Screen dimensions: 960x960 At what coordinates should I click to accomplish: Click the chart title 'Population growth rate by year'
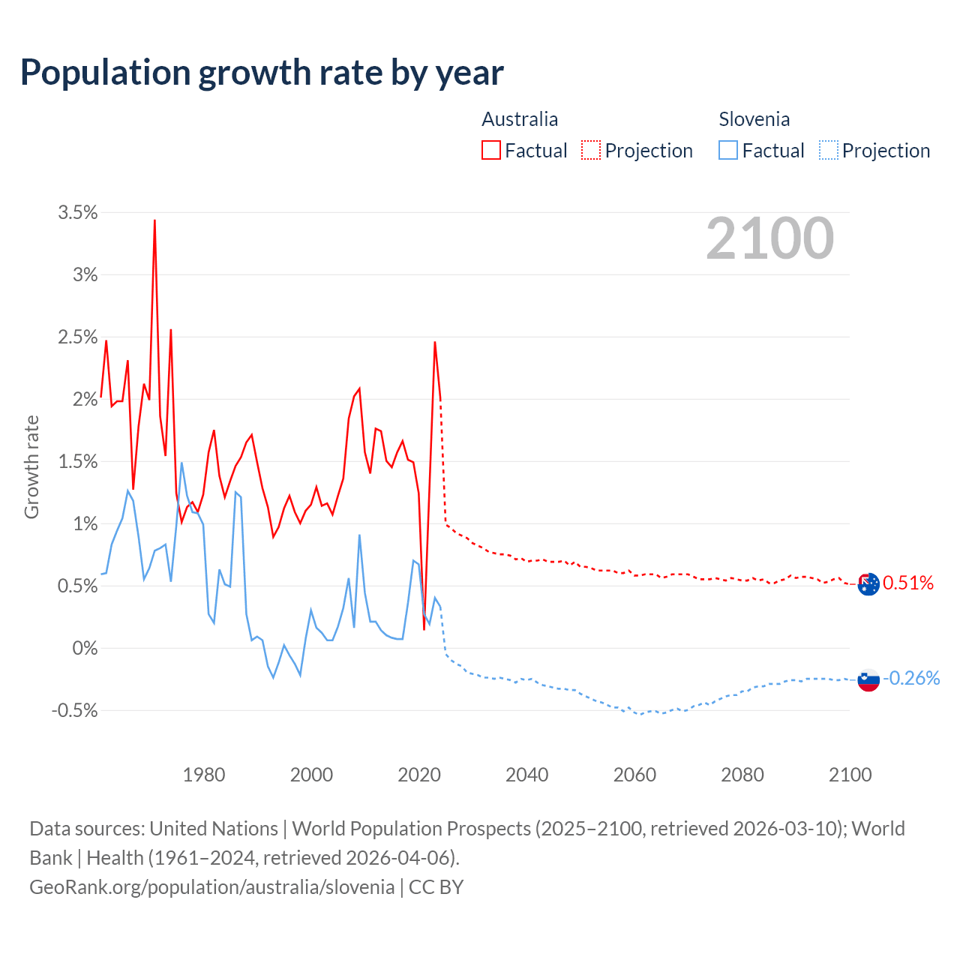pos(262,73)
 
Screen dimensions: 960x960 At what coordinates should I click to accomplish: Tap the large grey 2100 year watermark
pos(769,238)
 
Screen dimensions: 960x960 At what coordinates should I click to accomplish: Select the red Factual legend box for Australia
pos(490,150)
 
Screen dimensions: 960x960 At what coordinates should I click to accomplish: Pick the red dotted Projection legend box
pos(591,150)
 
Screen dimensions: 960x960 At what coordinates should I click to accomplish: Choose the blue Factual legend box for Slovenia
pos(727,150)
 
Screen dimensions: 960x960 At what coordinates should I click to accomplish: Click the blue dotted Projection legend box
pos(828,150)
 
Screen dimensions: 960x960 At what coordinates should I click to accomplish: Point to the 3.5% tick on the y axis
pos(78,213)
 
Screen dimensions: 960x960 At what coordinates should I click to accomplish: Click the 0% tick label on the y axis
pos(85,648)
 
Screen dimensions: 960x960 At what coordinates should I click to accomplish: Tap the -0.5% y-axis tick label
pos(74,710)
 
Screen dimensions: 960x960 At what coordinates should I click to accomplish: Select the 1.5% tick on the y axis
pos(78,462)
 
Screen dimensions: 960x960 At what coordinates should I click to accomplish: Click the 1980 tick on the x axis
pos(204,775)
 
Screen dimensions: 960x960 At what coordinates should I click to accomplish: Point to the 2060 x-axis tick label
pos(634,775)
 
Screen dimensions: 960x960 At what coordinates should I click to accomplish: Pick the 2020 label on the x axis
pos(419,775)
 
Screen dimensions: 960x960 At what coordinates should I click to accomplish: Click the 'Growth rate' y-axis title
pos(31,466)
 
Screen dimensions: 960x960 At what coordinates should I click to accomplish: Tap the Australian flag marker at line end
pos(868,583)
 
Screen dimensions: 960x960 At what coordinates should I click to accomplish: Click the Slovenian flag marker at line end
pos(868,679)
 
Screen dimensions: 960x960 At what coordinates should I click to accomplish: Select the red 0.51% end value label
pos(908,583)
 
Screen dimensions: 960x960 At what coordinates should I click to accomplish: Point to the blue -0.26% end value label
pos(911,678)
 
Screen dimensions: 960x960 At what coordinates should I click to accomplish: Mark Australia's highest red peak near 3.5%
pos(154,221)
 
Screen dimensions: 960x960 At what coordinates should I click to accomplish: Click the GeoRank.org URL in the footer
pos(211,887)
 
